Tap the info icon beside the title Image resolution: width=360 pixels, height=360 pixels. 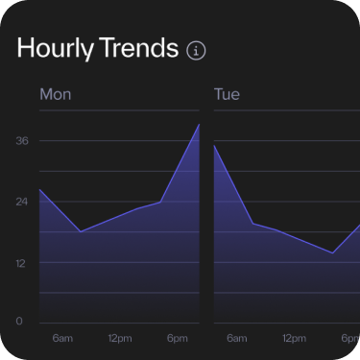(x=197, y=51)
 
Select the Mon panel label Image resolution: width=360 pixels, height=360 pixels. (x=55, y=95)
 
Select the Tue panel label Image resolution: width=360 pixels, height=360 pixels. (x=227, y=95)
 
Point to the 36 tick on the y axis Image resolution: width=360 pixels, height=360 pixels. (x=22, y=141)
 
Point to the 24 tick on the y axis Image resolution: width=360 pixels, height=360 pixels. (x=22, y=203)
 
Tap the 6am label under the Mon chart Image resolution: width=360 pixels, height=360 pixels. (x=62, y=338)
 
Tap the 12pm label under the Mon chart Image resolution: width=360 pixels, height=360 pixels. (x=120, y=338)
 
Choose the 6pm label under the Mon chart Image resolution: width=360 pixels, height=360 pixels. (x=178, y=338)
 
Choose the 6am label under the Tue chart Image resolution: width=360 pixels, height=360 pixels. (x=236, y=338)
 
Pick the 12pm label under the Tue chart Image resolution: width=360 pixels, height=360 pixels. (x=294, y=338)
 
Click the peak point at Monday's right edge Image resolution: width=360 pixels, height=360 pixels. (x=199, y=125)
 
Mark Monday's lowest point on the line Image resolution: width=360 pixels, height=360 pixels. (x=80, y=231)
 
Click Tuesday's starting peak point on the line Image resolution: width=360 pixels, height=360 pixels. (x=214, y=146)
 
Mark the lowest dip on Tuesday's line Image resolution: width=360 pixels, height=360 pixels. (x=332, y=253)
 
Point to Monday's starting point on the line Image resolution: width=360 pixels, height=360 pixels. (x=39, y=189)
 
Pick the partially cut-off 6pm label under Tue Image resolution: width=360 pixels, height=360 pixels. (x=351, y=338)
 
